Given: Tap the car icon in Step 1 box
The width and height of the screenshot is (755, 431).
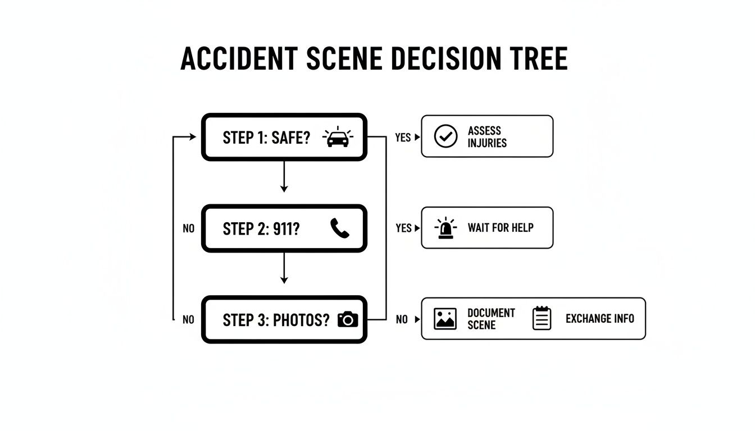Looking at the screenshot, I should (338, 137).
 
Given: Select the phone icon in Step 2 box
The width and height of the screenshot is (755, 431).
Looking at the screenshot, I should (340, 228).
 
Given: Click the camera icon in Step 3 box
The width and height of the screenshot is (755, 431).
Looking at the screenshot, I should (348, 319).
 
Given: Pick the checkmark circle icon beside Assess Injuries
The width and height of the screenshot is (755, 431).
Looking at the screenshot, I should (446, 136).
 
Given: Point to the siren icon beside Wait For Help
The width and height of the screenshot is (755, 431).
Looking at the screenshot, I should (446, 228).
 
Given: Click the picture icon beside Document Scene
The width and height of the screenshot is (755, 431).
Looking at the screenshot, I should (445, 319).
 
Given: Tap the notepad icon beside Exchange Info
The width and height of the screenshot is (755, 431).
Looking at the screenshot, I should (542, 318).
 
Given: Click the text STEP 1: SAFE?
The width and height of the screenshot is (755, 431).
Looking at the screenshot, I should (266, 137).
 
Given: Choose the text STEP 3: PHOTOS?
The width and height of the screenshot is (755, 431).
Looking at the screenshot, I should (276, 320).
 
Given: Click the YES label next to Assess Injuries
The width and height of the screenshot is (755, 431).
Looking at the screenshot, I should (403, 137).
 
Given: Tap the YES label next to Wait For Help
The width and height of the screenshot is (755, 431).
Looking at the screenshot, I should (403, 228).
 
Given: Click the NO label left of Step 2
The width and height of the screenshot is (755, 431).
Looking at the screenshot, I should (188, 229).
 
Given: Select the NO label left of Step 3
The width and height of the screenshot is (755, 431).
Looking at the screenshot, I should (188, 320).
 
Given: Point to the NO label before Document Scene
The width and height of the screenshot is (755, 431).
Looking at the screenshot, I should (402, 320).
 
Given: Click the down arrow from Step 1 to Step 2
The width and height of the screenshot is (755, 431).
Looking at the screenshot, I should (284, 177).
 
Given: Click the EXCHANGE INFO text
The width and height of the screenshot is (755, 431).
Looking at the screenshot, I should (599, 319).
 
